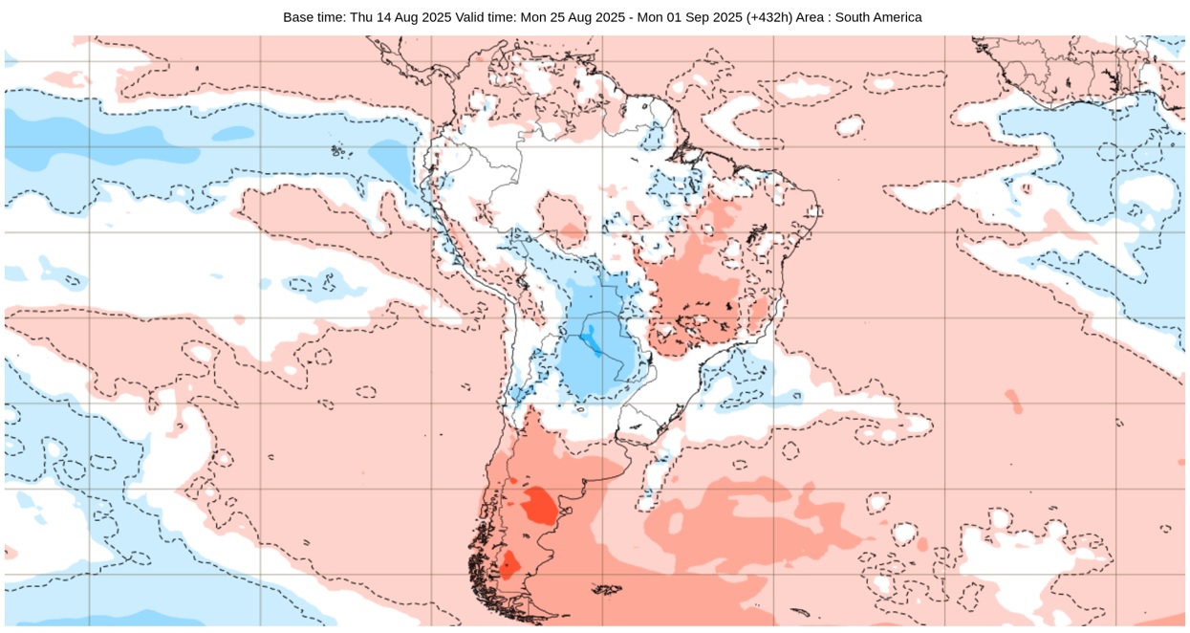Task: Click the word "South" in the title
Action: coord(873,17)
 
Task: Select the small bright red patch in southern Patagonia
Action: coord(508,564)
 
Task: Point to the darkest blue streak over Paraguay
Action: coord(591,339)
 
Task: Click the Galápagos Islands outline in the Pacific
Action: coord(336,150)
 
